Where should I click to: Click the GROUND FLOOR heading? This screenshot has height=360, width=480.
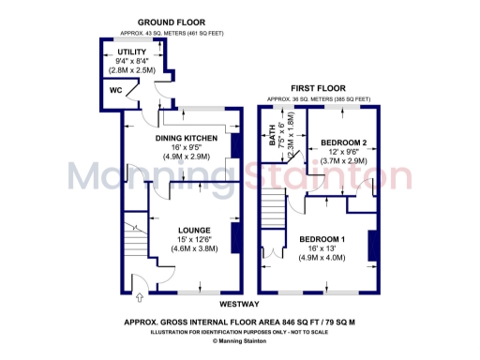[172, 22]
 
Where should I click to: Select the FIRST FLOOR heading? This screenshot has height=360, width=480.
[318, 87]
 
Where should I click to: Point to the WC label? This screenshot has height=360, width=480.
[116, 90]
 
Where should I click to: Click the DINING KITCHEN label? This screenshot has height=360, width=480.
[187, 139]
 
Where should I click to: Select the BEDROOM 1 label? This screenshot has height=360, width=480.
[322, 239]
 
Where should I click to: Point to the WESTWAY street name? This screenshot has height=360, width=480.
[240, 305]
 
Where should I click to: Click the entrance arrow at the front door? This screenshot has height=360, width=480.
[141, 299]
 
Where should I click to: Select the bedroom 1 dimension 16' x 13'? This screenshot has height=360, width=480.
[322, 249]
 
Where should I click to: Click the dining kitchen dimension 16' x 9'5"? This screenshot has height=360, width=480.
[187, 148]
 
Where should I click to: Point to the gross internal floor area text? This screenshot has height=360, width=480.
[239, 321]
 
